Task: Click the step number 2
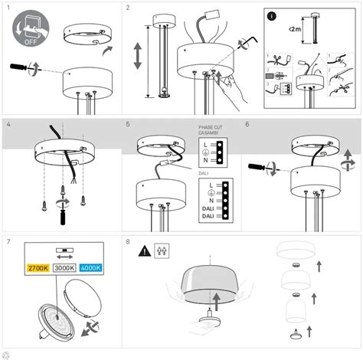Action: [128, 8]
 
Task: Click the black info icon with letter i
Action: [271, 15]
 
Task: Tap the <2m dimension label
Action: [296, 30]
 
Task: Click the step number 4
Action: [8, 123]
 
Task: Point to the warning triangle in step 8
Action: [144, 250]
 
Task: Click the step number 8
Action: [128, 241]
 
